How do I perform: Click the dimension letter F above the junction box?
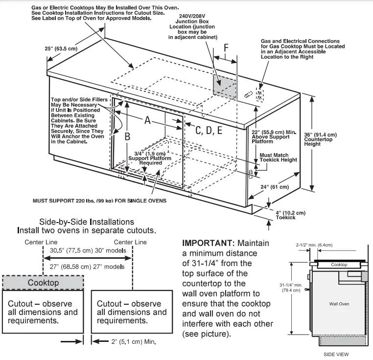click(x=226, y=47)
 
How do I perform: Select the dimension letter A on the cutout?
click(x=147, y=120)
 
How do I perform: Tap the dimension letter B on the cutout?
click(x=127, y=136)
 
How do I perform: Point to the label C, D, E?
click(x=209, y=130)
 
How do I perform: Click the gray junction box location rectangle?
click(x=224, y=86)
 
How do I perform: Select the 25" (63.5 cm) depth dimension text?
click(x=61, y=48)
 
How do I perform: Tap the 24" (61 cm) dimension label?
click(x=275, y=187)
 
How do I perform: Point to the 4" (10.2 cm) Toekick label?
click(x=290, y=215)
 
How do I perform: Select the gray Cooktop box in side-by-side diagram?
click(x=43, y=283)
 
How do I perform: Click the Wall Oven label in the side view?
click(x=339, y=304)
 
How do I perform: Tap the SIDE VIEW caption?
click(x=336, y=354)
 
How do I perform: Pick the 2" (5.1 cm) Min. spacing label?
click(x=134, y=342)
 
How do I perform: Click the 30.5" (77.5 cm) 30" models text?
click(x=88, y=250)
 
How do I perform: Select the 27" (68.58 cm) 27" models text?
click(x=87, y=267)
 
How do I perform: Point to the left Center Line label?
click(x=41, y=242)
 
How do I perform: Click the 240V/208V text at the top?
click(x=192, y=16)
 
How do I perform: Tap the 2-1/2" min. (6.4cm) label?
click(x=314, y=245)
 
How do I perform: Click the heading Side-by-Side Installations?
click(x=87, y=222)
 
